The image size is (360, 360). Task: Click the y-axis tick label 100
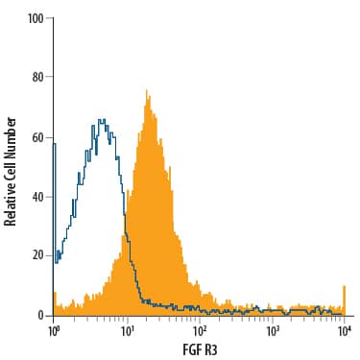pos(36,18)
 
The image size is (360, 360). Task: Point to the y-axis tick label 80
pos(38,78)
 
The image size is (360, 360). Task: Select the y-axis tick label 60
pos(38,137)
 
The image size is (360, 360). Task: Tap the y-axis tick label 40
pos(38,197)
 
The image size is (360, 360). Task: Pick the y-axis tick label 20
pos(38,255)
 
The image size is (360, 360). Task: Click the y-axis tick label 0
pos(41,315)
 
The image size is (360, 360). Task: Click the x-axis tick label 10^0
pos(54,330)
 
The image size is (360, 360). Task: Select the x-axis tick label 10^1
pos(127,330)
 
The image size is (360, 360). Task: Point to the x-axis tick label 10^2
pos(200,330)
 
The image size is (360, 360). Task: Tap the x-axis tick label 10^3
pos(273,330)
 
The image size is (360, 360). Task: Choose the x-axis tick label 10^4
pos(345,330)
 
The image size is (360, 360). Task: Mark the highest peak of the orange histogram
pos(147,91)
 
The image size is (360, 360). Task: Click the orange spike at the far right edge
pos(344,288)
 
